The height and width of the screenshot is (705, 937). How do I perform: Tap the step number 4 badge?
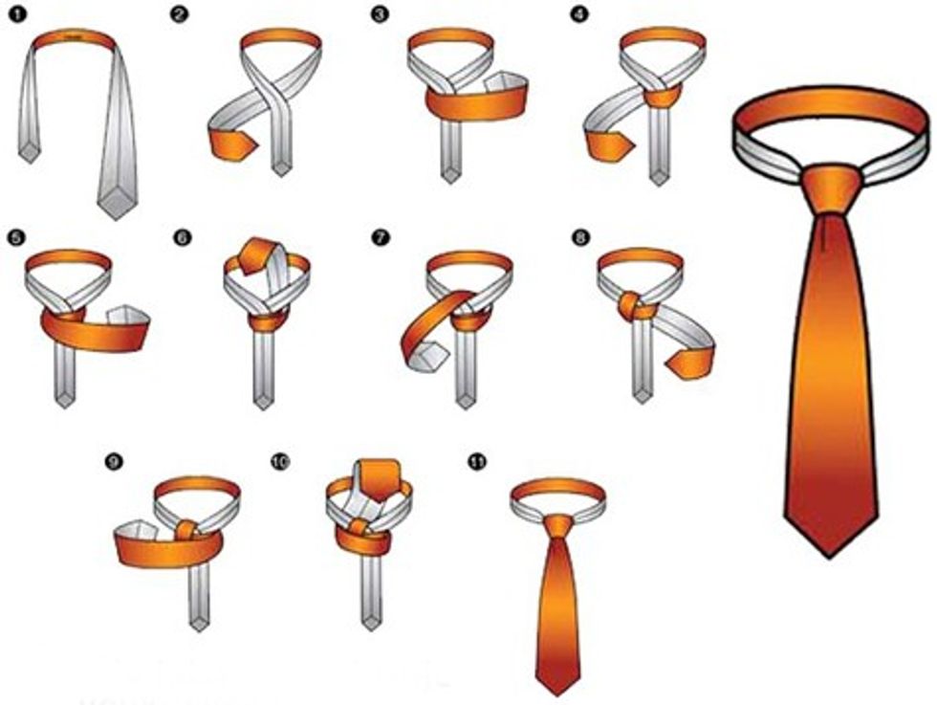[x=577, y=14]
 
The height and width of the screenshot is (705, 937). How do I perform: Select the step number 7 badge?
[x=380, y=237]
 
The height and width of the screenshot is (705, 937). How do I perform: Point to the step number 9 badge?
[x=113, y=461]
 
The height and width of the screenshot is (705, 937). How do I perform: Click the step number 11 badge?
[x=477, y=462]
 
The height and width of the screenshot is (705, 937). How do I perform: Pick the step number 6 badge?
[x=182, y=237]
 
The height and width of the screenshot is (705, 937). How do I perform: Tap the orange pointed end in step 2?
[x=231, y=145]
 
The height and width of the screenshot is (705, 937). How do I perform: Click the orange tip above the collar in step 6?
[x=257, y=254]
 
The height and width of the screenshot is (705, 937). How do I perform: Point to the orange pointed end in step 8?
[x=689, y=363]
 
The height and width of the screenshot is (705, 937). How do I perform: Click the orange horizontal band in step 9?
[x=168, y=547]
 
